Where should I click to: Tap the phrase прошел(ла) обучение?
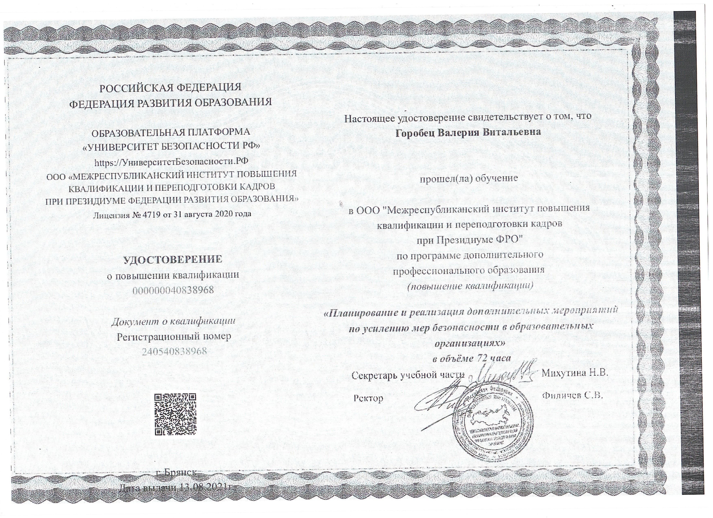click(469, 178)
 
